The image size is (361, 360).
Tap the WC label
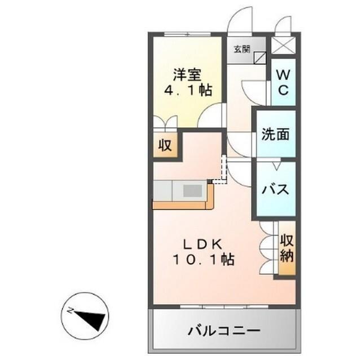pos(284,82)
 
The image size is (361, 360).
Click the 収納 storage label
pos(287,249)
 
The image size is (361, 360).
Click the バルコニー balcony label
pos(224,330)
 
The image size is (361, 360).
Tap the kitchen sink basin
pos(193,190)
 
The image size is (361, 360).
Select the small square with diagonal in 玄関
pos(260,57)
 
